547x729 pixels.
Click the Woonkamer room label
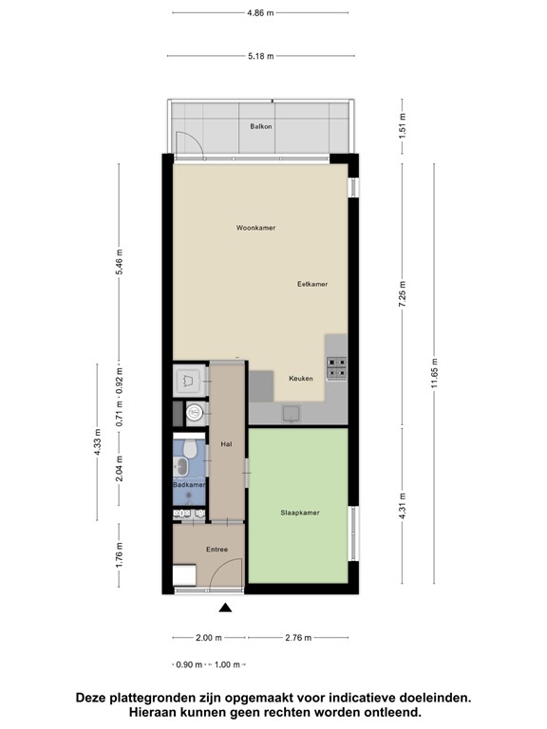tap(255, 228)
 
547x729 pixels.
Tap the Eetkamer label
tap(311, 284)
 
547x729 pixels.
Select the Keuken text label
tap(301, 379)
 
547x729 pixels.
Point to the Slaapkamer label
tap(300, 513)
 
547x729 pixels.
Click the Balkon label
tap(261, 126)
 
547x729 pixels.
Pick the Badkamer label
tap(189, 485)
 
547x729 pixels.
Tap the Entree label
tap(217, 550)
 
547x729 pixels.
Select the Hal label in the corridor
tap(226, 443)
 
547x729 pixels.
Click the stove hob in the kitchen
tap(337, 366)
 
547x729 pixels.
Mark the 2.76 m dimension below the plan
tap(299, 638)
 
